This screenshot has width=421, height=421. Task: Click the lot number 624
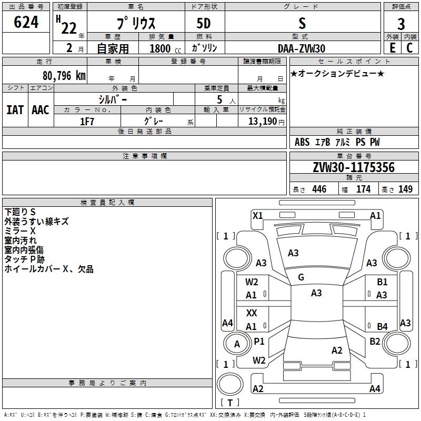pyautogui.click(x=26, y=22)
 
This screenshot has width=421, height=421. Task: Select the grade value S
pyautogui.click(x=302, y=23)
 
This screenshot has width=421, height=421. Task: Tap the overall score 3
pyautogui.click(x=401, y=24)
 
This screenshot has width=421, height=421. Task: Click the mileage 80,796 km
pyautogui.click(x=64, y=76)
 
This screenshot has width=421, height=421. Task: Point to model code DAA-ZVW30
pyautogui.click(x=302, y=48)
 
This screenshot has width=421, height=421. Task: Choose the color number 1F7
pyautogui.click(x=87, y=122)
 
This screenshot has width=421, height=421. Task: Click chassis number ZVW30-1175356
pyautogui.click(x=354, y=167)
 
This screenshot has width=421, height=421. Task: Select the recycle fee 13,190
pyautogui.click(x=262, y=121)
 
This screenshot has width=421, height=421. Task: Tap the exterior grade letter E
pyautogui.click(x=393, y=48)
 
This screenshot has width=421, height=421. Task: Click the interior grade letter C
pyautogui.click(x=409, y=48)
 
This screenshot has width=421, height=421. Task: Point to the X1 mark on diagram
pyautogui.click(x=258, y=216)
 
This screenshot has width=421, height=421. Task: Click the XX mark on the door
pyautogui.click(x=252, y=313)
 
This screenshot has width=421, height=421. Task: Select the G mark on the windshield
pyautogui.click(x=301, y=277)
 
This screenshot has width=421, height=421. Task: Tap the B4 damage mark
pyautogui.click(x=383, y=326)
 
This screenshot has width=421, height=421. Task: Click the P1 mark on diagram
pyautogui.click(x=259, y=341)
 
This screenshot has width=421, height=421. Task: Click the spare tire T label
pyautogui.click(x=230, y=403)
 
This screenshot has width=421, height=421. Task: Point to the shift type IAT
pyautogui.click(x=15, y=110)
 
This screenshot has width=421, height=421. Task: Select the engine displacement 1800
pyautogui.click(x=160, y=48)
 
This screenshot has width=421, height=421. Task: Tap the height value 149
pyautogui.click(x=405, y=189)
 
